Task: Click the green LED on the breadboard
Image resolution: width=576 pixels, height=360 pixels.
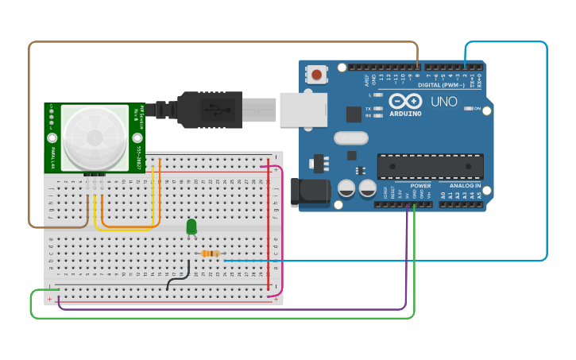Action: [x=191, y=227]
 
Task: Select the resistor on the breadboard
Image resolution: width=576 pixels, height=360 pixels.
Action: [x=211, y=254]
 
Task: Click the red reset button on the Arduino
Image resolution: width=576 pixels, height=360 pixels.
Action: [x=317, y=75]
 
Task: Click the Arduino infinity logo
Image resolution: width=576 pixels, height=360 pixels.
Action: [x=405, y=101]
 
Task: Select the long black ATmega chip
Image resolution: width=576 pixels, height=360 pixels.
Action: [x=430, y=167]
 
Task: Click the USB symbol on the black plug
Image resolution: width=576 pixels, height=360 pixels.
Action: [x=212, y=109]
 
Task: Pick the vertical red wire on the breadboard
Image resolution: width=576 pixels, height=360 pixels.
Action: [x=269, y=226]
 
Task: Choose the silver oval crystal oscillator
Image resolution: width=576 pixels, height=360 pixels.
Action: [x=350, y=138]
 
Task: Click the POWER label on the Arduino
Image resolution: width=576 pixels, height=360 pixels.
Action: [x=420, y=186]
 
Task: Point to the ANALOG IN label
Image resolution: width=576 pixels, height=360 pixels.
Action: [x=466, y=186]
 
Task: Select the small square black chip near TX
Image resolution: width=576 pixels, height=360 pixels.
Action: [x=354, y=114]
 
